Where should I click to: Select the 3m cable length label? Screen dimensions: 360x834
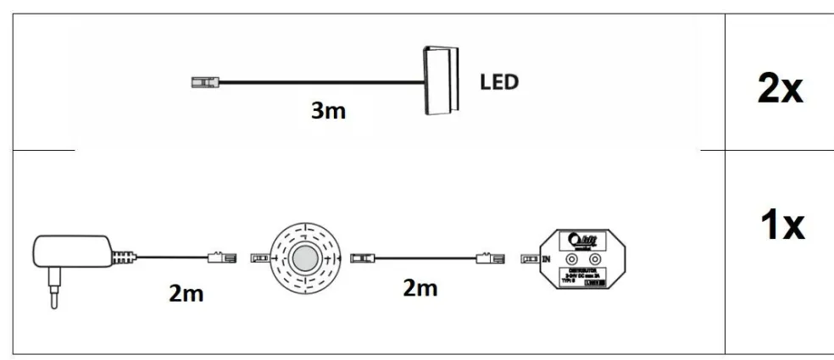coord(327,110)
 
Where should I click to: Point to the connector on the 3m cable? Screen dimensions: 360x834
coord(203,83)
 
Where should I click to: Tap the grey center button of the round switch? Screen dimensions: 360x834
coord(303,258)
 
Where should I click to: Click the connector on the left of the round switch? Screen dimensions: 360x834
coord(260,257)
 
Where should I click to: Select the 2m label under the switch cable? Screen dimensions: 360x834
coord(420,288)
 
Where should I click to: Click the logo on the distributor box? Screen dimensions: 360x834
coord(583,239)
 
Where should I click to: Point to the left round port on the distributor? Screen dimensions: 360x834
coord(573,258)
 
